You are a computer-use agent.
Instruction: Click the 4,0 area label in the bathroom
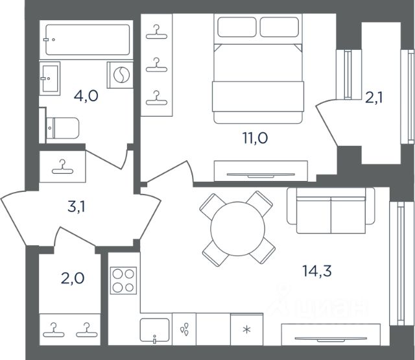coord(86,96)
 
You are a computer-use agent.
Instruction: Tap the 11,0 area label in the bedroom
coord(255,138)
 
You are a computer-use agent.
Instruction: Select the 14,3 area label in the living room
coord(317,271)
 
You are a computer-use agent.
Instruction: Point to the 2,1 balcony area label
coord(373,98)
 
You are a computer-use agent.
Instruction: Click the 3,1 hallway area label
coord(77,207)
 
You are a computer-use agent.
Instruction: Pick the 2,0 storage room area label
coord(73,278)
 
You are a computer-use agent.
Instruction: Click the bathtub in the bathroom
coord(88,40)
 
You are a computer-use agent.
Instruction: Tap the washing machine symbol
coord(121,75)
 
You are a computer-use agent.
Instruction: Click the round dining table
coord(238,229)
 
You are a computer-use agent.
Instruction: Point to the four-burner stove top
coord(124,281)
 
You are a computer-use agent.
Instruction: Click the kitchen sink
coord(154,330)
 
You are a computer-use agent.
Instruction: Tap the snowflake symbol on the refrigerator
coord(246,330)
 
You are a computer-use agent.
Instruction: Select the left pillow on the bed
coord(237,27)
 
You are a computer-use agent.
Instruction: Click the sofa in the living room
coord(331,210)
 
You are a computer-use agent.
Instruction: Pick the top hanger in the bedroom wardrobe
coord(157,32)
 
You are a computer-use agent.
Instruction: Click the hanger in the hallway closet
coord(62,167)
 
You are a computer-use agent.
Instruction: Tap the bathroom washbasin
coord(50,78)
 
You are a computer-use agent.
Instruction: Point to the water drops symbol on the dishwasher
coord(184,329)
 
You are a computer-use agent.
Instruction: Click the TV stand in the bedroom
coord(261,171)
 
